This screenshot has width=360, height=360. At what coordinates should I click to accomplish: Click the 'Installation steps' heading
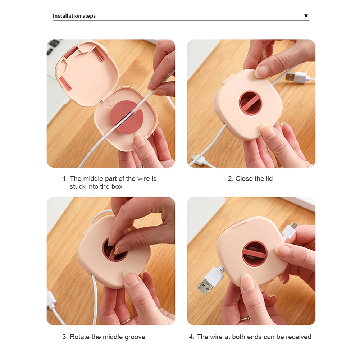pyautogui.click(x=74, y=16)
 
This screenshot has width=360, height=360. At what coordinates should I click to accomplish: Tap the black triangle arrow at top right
pyautogui.click(x=306, y=16)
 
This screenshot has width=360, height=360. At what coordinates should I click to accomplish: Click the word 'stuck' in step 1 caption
pyautogui.click(x=77, y=186)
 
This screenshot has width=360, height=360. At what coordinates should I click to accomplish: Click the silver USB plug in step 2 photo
pyautogui.click(x=296, y=77)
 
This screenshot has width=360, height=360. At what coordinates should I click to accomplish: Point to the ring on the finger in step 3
pyautogui.click(x=126, y=321)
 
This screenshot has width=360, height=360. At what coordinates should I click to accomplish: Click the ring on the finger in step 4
pyautogui.click(x=245, y=319)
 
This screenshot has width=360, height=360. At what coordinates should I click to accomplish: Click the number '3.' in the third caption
pyautogui.click(x=65, y=337)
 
